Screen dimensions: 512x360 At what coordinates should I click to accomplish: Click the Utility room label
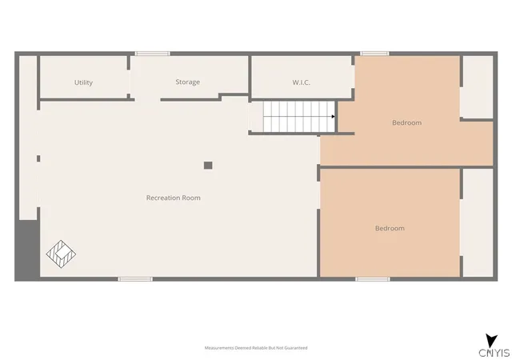pos(83,82)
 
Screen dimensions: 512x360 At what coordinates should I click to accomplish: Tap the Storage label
pos(188,82)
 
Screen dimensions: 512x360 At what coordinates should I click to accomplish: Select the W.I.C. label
pos(301,82)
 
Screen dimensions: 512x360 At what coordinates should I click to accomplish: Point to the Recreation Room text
pos(174,198)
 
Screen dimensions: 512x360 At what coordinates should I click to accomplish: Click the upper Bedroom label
pos(407,122)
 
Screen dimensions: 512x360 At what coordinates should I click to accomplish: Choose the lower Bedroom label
pos(390,228)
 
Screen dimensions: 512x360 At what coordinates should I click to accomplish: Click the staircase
pos(299,117)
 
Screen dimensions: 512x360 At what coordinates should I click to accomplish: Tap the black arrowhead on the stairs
pos(333,117)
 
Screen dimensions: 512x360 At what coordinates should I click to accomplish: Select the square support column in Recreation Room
pos(208,166)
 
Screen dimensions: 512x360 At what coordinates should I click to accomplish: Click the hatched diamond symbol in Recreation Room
pos(61,254)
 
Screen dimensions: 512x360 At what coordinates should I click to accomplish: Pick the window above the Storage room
pos(153,54)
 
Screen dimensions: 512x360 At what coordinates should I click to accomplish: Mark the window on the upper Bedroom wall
pos(374,54)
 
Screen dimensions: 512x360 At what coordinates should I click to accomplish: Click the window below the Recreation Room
pos(135,279)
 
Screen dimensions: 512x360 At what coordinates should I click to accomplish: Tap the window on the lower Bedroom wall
pos(373,279)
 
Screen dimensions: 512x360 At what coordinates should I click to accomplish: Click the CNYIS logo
pos(494,346)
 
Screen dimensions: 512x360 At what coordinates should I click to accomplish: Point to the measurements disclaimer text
pos(256,348)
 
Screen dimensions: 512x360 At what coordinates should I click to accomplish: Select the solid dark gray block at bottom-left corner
pos(27,250)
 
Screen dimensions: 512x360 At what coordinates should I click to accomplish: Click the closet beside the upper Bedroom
pos(478,87)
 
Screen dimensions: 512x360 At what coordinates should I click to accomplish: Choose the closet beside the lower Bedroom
pos(478,222)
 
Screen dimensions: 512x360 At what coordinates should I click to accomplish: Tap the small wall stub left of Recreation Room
pos(38,158)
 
